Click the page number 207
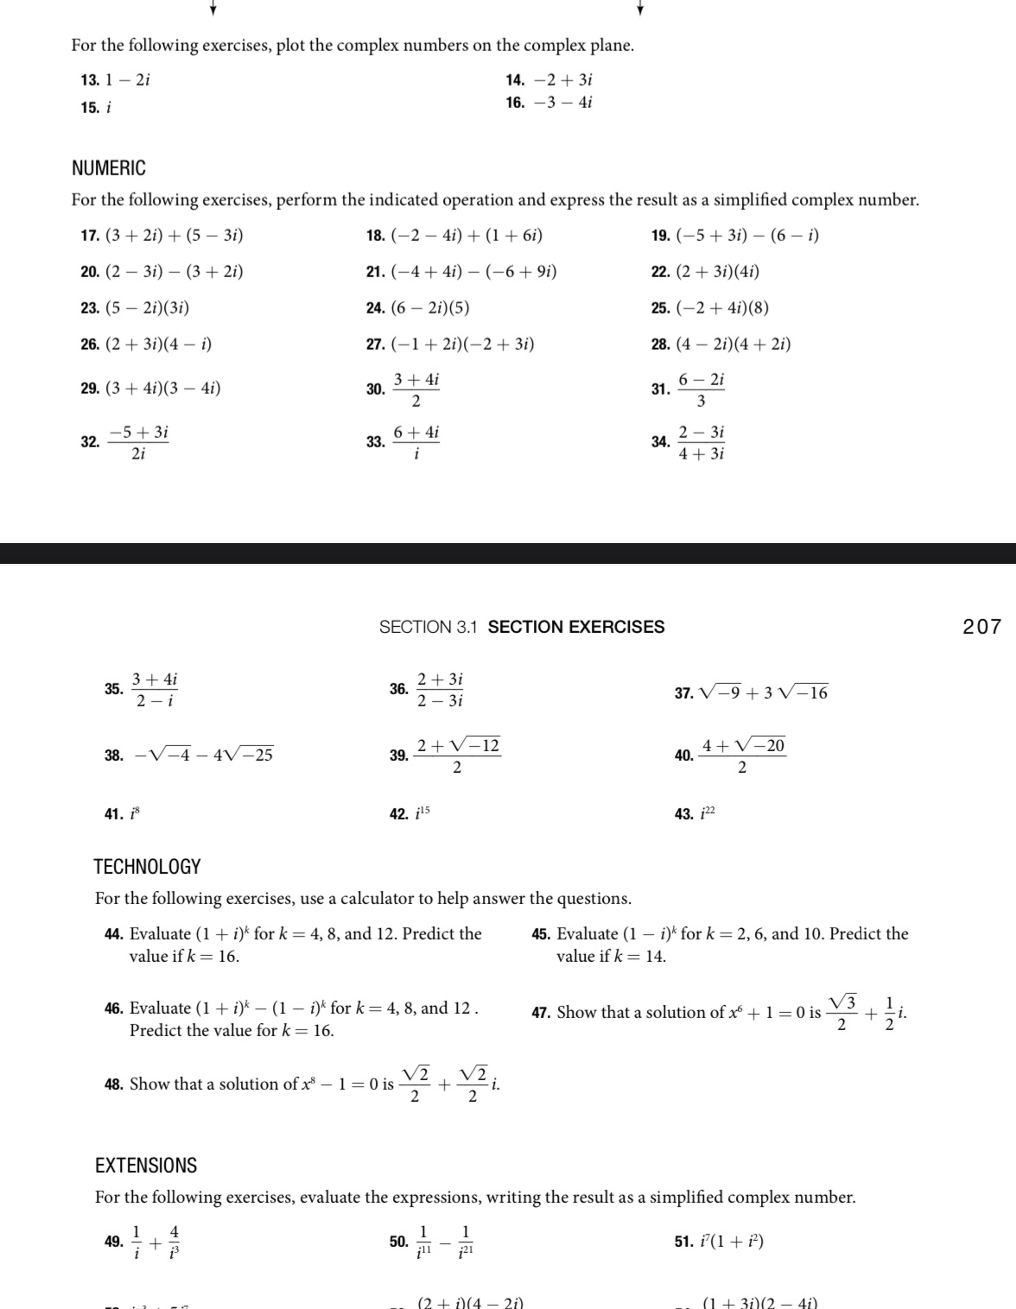pyautogui.click(x=981, y=627)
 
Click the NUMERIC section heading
pyautogui.click(x=109, y=168)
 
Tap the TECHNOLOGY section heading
pyautogui.click(x=148, y=867)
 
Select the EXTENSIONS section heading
pyautogui.click(x=146, y=1166)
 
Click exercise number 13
pyautogui.click(x=89, y=80)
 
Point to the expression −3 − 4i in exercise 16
pyautogui.click(x=563, y=103)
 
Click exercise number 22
pyautogui.click(x=660, y=272)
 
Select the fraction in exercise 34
pyautogui.click(x=701, y=442)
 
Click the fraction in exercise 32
pyautogui.click(x=138, y=442)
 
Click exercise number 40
pyautogui.click(x=683, y=756)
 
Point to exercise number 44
pyautogui.click(x=113, y=934)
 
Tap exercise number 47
pyautogui.click(x=541, y=1013)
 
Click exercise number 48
pyautogui.click(x=113, y=1085)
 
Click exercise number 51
pyautogui.click(x=683, y=1242)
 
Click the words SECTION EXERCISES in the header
pyautogui.click(x=576, y=627)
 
